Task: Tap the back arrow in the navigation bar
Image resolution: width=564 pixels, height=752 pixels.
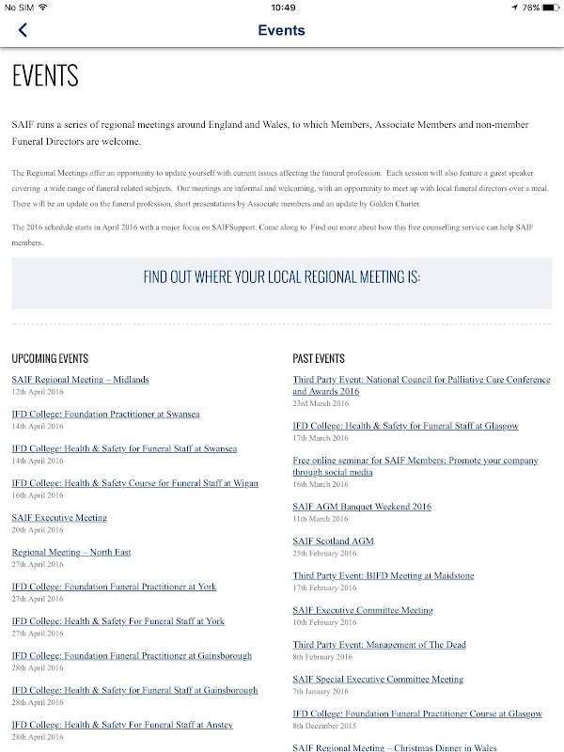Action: (x=23, y=30)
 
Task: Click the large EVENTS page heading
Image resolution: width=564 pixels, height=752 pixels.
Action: (x=45, y=75)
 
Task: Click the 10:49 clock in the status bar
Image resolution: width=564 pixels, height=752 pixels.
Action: (x=282, y=8)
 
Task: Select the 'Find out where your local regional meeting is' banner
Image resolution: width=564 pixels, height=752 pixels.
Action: (x=282, y=276)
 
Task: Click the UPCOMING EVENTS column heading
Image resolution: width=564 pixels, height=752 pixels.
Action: (x=50, y=359)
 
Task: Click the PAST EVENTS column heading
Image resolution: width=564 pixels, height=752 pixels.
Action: (x=319, y=359)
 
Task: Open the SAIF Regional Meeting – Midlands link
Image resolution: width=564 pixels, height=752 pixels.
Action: (x=80, y=380)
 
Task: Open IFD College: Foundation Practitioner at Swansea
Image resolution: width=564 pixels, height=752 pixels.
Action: (x=105, y=414)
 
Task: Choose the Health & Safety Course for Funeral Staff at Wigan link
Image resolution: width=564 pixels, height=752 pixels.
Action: (x=134, y=483)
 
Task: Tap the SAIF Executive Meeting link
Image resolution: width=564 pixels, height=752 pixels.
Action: (x=59, y=518)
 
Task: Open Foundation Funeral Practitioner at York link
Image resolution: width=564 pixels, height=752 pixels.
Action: (x=114, y=587)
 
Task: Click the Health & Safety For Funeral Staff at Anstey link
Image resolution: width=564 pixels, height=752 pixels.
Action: (x=122, y=725)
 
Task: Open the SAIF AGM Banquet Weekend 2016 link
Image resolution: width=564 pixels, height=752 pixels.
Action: (x=362, y=507)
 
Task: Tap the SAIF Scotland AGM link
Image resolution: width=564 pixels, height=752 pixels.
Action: (x=332, y=541)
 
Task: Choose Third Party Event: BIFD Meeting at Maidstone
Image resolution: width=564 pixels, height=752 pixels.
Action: (x=384, y=575)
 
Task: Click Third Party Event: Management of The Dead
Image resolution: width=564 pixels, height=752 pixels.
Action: (x=379, y=645)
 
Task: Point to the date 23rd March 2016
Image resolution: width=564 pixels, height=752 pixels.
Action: (x=321, y=402)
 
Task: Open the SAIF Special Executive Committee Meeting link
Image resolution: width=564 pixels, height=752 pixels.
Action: (x=378, y=679)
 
